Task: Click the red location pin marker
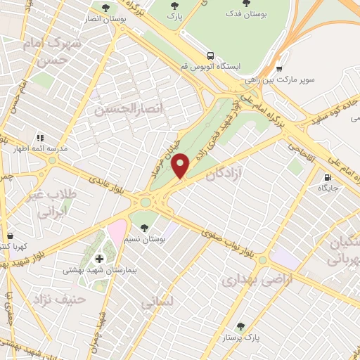pyautogui.click(x=181, y=166)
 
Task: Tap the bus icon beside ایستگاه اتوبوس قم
pyautogui.click(x=210, y=55)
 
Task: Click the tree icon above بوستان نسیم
pyautogui.click(x=145, y=228)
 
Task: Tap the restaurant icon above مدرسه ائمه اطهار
pyautogui.click(x=40, y=138)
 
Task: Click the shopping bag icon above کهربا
pyautogui.click(x=10, y=236)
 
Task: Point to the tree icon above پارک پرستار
pyautogui.click(x=241, y=326)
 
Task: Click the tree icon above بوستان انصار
pyautogui.click(x=105, y=8)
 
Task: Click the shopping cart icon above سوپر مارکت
pyautogui.click(x=279, y=69)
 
